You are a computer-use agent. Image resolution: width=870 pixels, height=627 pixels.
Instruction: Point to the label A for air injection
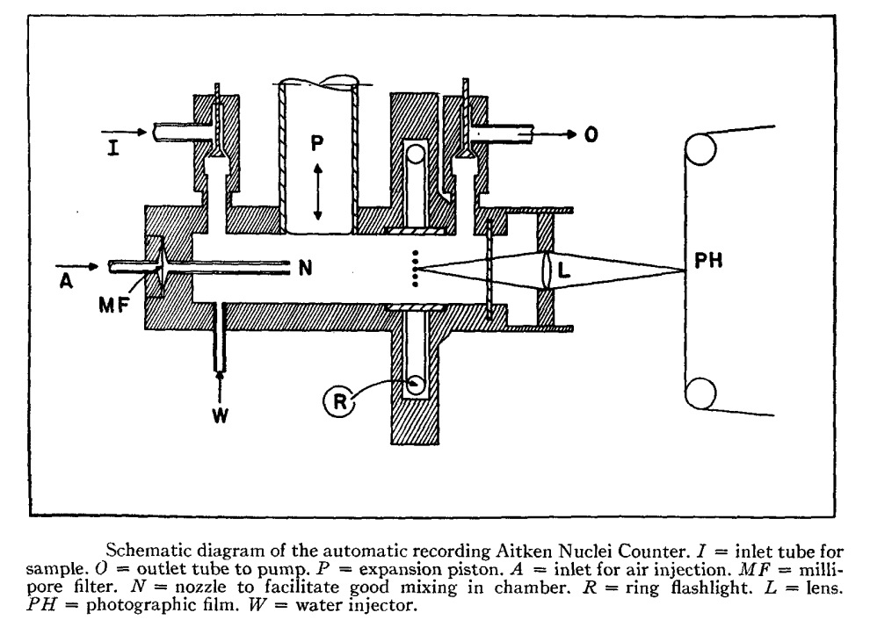tap(63, 281)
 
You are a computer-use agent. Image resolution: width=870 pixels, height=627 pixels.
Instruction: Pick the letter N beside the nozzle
tap(305, 269)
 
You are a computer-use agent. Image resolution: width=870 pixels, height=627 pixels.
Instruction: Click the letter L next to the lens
tap(564, 271)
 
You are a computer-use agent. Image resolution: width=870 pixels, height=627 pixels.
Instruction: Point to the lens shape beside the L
tap(547, 270)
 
